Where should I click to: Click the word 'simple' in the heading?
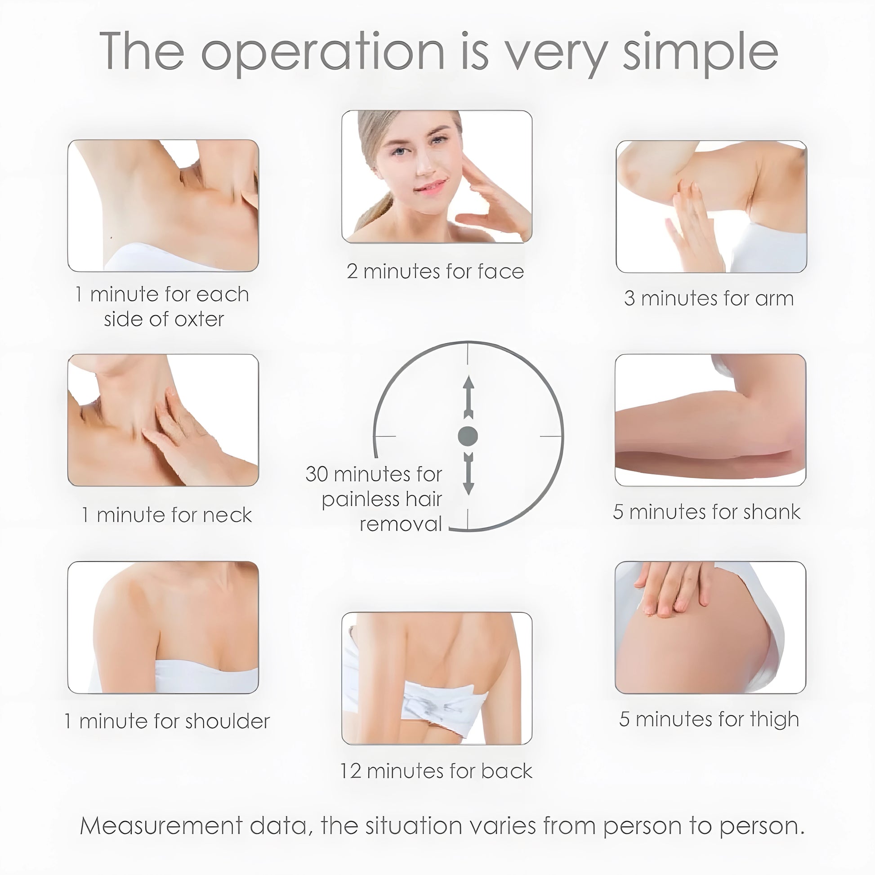pyautogui.click(x=700, y=53)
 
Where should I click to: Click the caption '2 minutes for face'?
pyautogui.click(x=435, y=272)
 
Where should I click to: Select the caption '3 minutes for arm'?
pyautogui.click(x=709, y=299)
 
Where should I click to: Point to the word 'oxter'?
pyautogui.click(x=199, y=319)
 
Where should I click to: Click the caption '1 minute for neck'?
pyautogui.click(x=167, y=515)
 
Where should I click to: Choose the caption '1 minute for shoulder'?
pyautogui.click(x=167, y=721)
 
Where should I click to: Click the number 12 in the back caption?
pyautogui.click(x=351, y=771)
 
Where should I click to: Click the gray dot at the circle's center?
pyautogui.click(x=468, y=436)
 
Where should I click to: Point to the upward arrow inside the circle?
pyautogui.click(x=468, y=396)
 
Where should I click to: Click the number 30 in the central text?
pyautogui.click(x=317, y=474)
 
